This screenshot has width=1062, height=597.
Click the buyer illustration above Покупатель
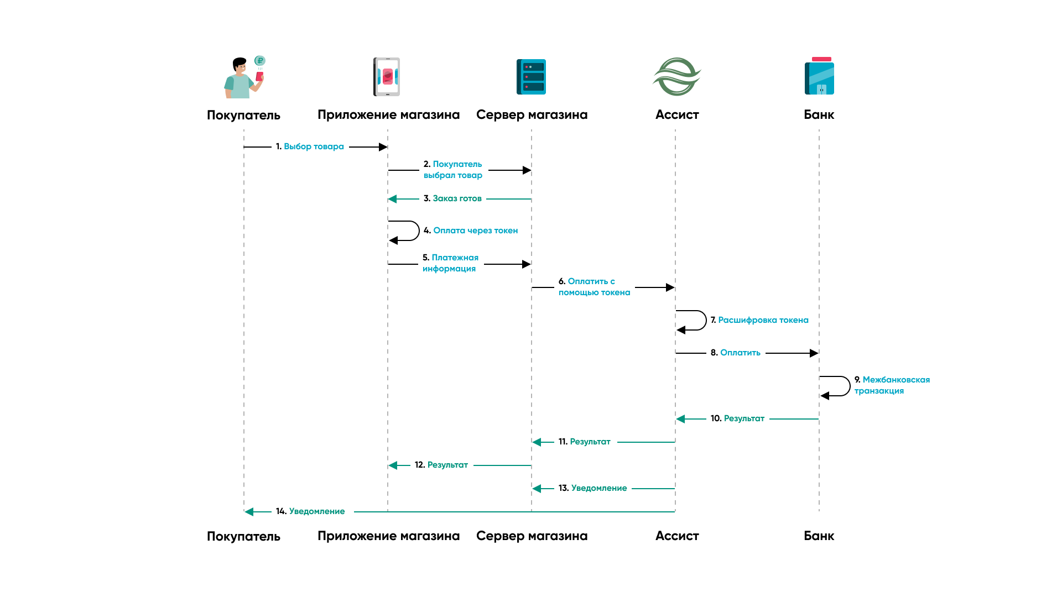(x=242, y=78)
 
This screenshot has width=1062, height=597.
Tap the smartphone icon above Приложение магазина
(x=387, y=77)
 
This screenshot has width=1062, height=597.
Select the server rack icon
(x=531, y=77)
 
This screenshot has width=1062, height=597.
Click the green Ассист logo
(x=676, y=77)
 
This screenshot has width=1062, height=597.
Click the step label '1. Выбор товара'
(x=310, y=146)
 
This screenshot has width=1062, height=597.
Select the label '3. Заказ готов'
(x=452, y=198)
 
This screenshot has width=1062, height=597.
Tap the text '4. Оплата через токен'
(x=471, y=231)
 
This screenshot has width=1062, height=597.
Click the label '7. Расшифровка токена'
(x=759, y=320)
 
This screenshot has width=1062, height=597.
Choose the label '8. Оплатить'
(x=735, y=353)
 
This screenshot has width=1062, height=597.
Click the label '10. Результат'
(x=737, y=418)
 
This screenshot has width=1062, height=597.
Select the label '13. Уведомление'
(x=592, y=488)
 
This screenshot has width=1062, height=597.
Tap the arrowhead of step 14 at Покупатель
(x=249, y=512)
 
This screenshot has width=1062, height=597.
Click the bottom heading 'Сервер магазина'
(x=532, y=536)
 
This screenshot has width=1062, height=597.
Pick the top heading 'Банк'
(x=819, y=114)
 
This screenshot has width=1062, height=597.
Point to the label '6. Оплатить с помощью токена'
(x=594, y=287)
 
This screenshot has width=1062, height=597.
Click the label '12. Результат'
(x=441, y=465)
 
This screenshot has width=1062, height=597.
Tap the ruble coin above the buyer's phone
(x=259, y=61)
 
